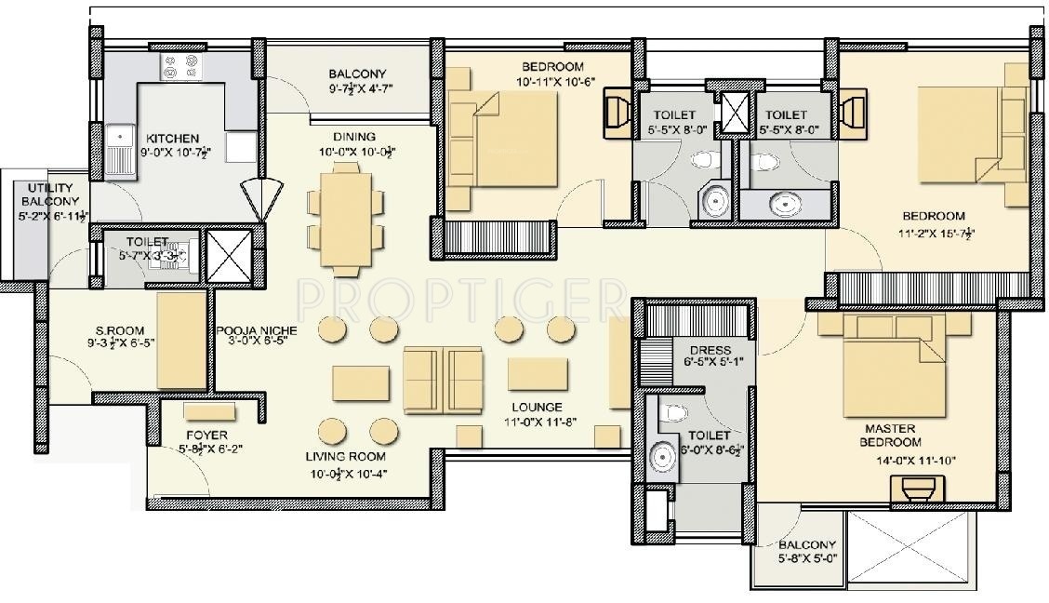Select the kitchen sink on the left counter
tap(119, 148)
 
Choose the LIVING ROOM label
tap(346, 457)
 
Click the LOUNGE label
tap(536, 408)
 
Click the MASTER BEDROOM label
tap(890, 435)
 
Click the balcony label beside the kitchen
tap(357, 74)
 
